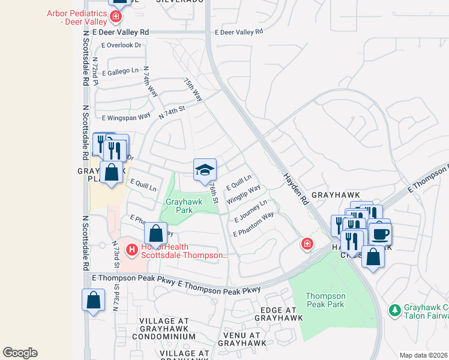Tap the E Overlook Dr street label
[122, 45]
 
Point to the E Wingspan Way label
[126, 118]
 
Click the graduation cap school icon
[205, 170]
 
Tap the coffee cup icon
[379, 233]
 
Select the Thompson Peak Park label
[325, 300]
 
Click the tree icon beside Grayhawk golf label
[395, 310]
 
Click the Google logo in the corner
[20, 353]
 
